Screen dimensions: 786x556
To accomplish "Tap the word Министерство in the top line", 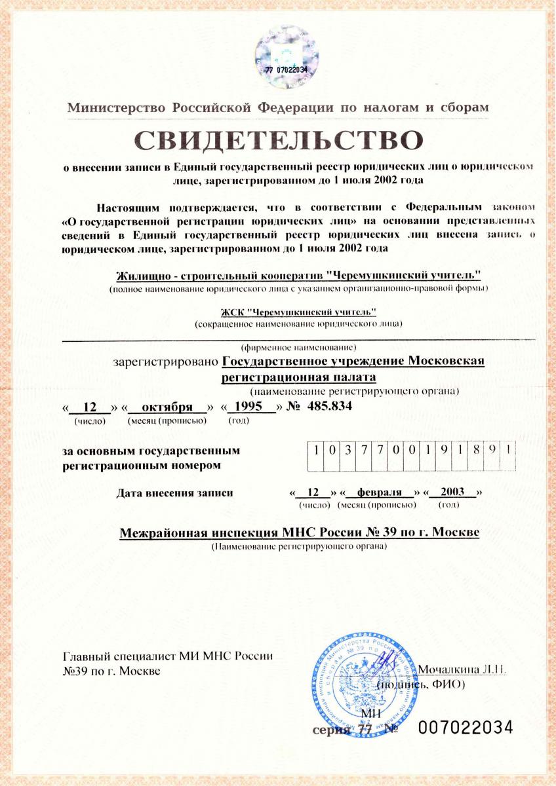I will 117,107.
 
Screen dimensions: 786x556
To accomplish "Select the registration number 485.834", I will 326,407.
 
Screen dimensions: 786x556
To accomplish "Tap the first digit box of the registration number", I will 315,453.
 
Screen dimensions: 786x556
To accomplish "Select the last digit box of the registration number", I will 507,453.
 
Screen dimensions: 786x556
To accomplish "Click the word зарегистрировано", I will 166,362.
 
